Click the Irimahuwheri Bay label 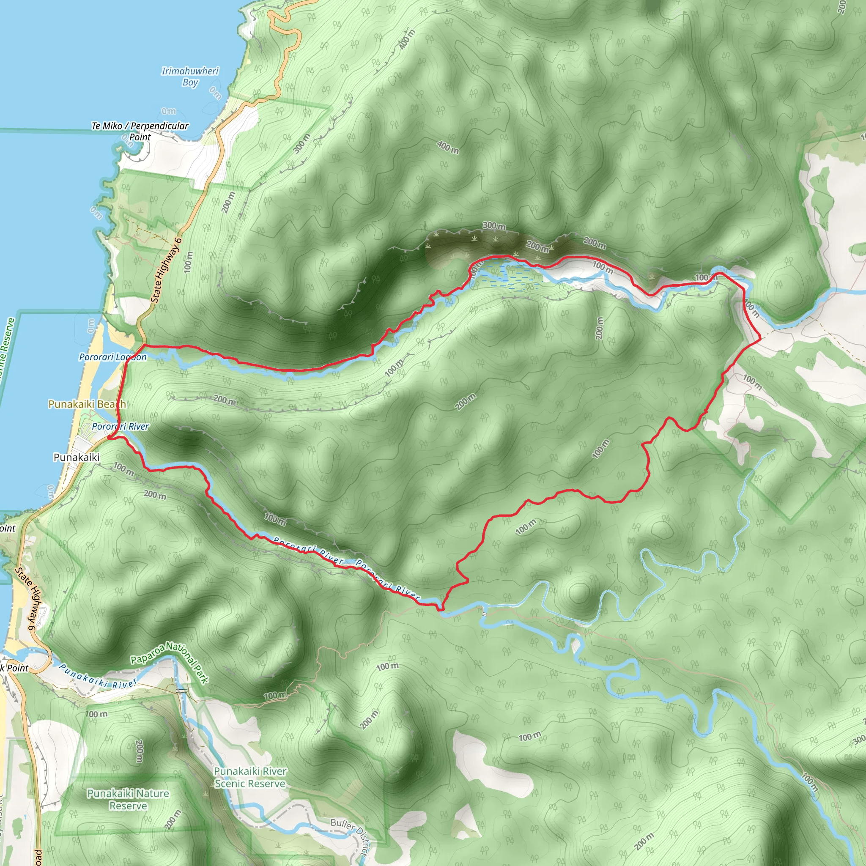(190, 77)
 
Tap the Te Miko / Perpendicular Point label (140, 132)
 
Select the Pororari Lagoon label (112, 357)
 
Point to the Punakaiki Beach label (87, 404)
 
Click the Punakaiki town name (76, 457)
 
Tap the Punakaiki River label (98, 677)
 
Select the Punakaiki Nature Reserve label (128, 800)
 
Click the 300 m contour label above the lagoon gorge (494, 226)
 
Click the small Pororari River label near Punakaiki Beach (120, 427)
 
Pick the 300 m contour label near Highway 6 (301, 143)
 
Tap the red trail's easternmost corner (760, 339)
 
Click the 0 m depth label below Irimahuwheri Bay (169, 111)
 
